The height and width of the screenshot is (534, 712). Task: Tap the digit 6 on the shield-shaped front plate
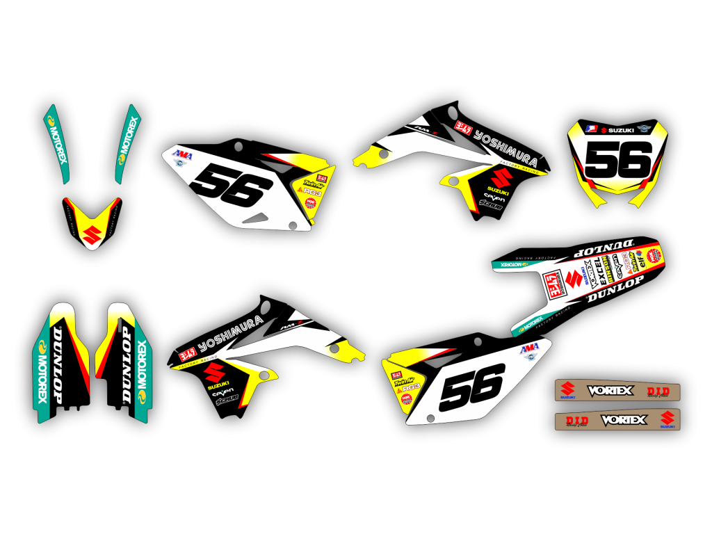[x=636, y=159]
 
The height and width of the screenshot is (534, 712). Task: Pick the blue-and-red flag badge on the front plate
[x=592, y=129]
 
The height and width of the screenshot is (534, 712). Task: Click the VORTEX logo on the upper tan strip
[x=610, y=391]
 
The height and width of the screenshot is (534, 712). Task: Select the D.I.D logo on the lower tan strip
[x=576, y=421]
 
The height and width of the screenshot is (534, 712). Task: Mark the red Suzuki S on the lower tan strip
[x=667, y=419]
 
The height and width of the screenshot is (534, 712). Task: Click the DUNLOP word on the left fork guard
[x=58, y=364]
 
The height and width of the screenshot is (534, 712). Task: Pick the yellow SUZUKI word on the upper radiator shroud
[x=496, y=191]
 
